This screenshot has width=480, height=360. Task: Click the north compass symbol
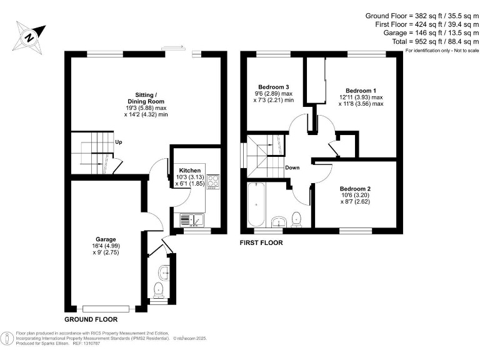click(x=29, y=36)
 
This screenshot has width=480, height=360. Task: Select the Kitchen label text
click(x=190, y=170)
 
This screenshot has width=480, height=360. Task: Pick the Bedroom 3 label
click(x=273, y=87)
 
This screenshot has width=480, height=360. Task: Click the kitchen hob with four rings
click(x=214, y=181)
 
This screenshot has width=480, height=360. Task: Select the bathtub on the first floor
click(x=256, y=206)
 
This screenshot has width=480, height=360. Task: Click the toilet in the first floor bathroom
click(x=297, y=218)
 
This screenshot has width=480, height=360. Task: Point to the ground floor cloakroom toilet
click(x=159, y=289)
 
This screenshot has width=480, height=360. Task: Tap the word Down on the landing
click(x=292, y=167)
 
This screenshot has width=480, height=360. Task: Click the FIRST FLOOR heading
click(x=261, y=242)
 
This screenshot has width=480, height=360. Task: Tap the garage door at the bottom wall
click(x=106, y=308)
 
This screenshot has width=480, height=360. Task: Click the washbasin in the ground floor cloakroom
click(x=164, y=271)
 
